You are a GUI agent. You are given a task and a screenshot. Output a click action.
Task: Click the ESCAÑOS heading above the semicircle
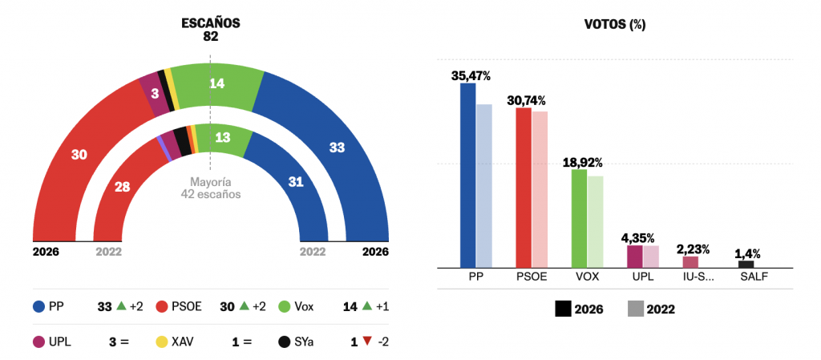click(x=211, y=23)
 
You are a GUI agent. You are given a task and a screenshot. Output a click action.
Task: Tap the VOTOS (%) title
click(x=615, y=24)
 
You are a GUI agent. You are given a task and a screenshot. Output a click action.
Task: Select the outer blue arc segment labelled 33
click(x=337, y=148)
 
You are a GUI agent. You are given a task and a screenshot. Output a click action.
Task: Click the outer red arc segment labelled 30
click(x=79, y=154)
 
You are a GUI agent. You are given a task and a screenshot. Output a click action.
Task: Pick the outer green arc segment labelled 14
click(x=217, y=83)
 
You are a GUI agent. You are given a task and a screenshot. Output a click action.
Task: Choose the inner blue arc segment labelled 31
click(x=296, y=182)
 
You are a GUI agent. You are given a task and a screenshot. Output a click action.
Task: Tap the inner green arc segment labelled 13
click(x=223, y=137)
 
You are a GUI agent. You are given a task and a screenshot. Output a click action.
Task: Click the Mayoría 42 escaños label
click(x=211, y=188)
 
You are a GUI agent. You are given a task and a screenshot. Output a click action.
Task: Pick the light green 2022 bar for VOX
click(x=595, y=221)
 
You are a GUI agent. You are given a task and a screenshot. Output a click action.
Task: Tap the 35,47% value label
click(x=471, y=75)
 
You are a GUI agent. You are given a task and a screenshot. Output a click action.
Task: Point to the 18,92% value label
click(x=583, y=162)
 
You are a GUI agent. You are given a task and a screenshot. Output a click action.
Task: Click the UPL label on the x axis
click(x=642, y=277)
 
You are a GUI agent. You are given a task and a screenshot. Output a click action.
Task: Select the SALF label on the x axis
click(x=754, y=277)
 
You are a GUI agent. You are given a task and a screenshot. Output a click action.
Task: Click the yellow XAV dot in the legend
click(x=160, y=342)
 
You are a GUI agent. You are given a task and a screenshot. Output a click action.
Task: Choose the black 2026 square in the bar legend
click(x=563, y=309)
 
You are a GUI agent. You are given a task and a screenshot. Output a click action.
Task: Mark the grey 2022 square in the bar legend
click(x=635, y=309)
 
